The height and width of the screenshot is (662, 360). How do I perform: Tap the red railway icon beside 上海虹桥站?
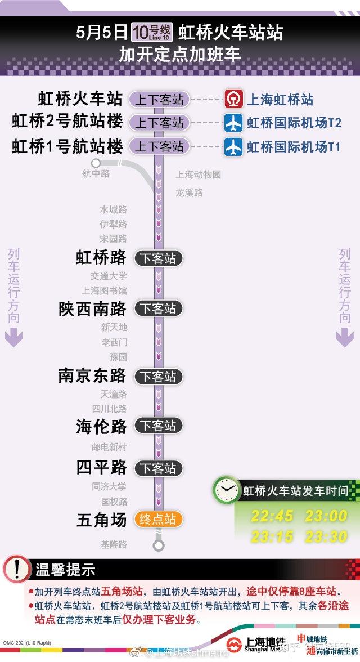[x=233, y=99]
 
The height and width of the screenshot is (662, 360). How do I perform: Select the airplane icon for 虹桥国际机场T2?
[x=233, y=122]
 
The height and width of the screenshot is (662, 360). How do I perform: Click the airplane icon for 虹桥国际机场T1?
[x=233, y=146]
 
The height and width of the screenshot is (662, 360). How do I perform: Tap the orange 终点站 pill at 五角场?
[x=158, y=519]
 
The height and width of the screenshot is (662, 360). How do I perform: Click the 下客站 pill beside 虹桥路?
[x=158, y=258]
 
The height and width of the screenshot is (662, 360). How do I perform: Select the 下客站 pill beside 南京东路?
[x=158, y=376]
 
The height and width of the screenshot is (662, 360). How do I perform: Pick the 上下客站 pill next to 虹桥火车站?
[x=159, y=100]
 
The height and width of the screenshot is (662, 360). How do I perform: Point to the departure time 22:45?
[x=272, y=516]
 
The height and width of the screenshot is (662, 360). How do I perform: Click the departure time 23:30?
[x=326, y=536]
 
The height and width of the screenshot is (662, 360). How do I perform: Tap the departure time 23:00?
[x=326, y=516]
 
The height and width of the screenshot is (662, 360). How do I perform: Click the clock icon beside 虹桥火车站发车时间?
[x=226, y=490]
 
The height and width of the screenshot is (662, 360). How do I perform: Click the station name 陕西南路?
[x=93, y=308]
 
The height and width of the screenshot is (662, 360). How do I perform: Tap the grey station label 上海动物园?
[x=198, y=175]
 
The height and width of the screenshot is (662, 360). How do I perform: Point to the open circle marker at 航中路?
[x=96, y=163]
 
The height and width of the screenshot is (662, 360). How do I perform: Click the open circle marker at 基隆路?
[x=159, y=545]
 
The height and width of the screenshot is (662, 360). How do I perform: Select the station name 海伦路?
[x=101, y=426]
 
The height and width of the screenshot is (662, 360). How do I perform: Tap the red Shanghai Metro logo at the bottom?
[x=237, y=645]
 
